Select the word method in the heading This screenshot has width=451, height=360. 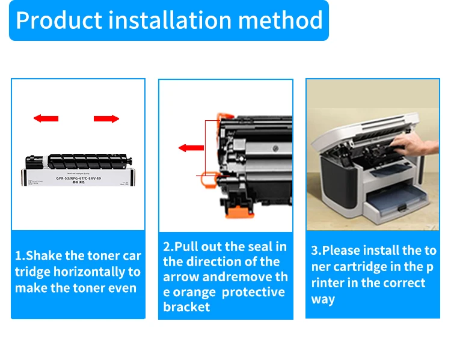tap(280, 20)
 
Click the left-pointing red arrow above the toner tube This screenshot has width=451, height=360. tap(46, 118)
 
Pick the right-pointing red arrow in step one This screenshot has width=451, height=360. tap(106, 118)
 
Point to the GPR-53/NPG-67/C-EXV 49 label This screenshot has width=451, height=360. tap(77, 178)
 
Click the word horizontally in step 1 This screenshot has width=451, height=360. tap(91, 272)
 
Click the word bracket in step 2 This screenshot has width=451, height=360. tap(187, 307)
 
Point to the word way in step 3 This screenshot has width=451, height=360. tap(323, 299)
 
